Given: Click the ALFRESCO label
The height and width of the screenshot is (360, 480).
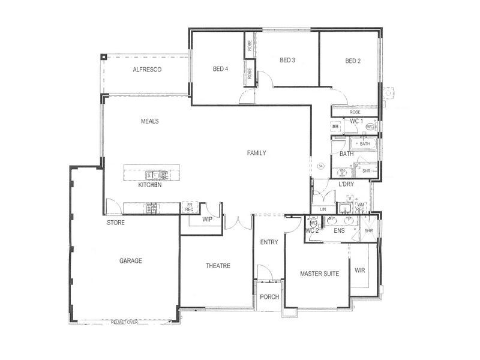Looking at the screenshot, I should [147, 70].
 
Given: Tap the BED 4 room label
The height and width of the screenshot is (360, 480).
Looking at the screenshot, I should [220, 69].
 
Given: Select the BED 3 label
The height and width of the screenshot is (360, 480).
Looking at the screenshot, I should [287, 60].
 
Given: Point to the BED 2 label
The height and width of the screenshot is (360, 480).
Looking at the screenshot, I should [353, 61].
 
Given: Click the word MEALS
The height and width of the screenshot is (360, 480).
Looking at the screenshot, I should [149, 121].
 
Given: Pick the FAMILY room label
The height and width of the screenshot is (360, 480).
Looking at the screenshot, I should [256, 153].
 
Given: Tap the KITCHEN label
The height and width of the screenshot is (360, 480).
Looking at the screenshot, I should [150, 185].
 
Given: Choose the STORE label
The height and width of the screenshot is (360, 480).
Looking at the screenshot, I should [116, 223].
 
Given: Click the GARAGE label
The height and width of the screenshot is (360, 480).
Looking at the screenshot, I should [130, 261].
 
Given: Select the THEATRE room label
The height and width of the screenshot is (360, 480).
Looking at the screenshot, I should [218, 266].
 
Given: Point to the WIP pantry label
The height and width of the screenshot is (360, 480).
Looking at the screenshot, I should [207, 220].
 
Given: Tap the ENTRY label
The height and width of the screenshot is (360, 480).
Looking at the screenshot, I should [269, 242].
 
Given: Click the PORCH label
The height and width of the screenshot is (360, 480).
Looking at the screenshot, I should [269, 297].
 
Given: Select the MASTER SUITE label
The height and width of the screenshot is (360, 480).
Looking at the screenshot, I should [319, 274].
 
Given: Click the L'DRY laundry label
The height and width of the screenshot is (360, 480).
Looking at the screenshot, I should [346, 184].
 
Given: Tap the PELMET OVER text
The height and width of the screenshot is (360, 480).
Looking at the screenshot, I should [124, 322].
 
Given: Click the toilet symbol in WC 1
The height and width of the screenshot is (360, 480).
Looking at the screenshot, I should [370, 127].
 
